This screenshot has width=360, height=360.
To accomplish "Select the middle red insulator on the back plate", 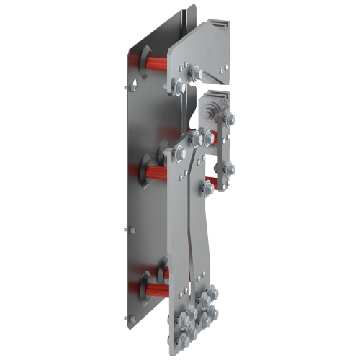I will click(155, 170).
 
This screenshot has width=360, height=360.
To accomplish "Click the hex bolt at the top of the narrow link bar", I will click(229, 117).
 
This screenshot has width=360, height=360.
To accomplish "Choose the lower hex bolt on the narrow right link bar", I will click(228, 169).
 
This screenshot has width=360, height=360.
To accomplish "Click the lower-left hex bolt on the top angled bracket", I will click(179, 87).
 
